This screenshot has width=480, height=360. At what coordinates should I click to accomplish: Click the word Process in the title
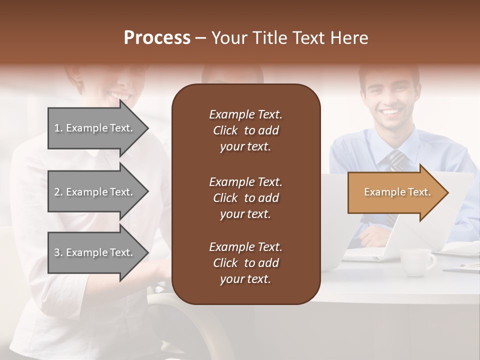(x=157, y=38)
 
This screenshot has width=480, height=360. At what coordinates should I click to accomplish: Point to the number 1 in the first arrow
(x=57, y=128)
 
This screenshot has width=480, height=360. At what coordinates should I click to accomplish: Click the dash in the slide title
(x=200, y=38)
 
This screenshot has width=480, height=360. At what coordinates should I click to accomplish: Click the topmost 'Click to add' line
(x=245, y=130)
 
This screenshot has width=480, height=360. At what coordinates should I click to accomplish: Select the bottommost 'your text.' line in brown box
(x=245, y=279)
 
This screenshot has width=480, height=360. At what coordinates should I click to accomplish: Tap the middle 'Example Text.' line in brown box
(x=245, y=182)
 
